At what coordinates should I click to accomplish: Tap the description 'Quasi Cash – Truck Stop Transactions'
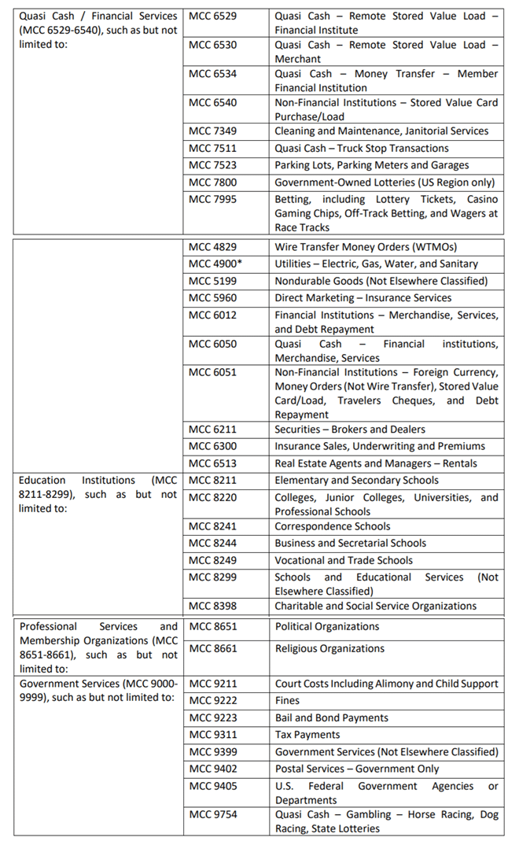pyautogui.click(x=362, y=149)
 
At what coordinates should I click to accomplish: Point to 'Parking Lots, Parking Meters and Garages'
pyautogui.click(x=372, y=165)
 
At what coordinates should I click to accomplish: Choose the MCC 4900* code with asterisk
pyautogui.click(x=215, y=264)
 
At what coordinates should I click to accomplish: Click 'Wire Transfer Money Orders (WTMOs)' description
pyautogui.click(x=366, y=247)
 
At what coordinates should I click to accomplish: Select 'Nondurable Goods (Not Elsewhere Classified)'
pyautogui.click(x=381, y=281)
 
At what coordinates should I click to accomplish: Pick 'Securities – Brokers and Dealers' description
pyautogui.click(x=350, y=430)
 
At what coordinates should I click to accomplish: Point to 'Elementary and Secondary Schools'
pyautogui.click(x=357, y=480)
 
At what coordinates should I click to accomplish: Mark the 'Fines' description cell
pyautogui.click(x=288, y=701)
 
